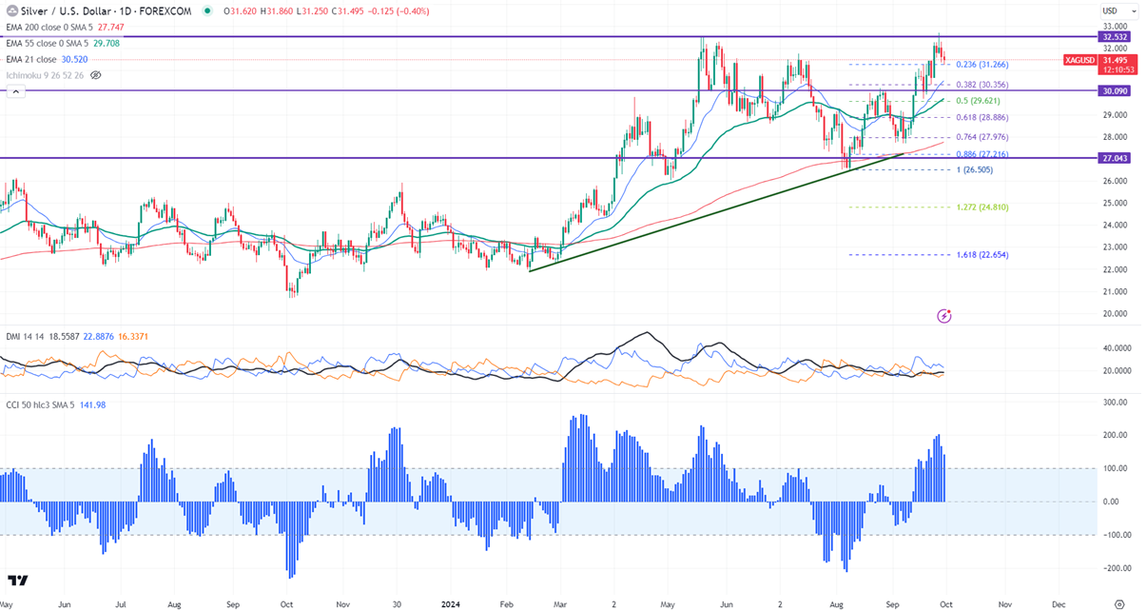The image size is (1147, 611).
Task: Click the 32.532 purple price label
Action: click(1114, 36)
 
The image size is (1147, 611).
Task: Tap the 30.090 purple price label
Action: click(1114, 91)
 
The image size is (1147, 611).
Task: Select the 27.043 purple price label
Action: click(1114, 158)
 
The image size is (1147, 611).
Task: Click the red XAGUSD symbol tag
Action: click(1079, 60)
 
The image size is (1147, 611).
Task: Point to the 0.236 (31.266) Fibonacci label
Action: click(982, 65)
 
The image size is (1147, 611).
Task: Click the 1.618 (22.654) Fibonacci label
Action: click(982, 255)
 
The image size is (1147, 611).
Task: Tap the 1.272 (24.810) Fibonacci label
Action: click(982, 207)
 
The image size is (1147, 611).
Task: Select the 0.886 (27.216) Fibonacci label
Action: click(982, 154)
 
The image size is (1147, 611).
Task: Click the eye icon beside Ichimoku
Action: click(95, 74)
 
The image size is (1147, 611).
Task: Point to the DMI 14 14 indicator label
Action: click(23, 337)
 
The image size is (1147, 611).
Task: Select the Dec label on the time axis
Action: click(1060, 603)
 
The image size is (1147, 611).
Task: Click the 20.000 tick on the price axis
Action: click(1114, 314)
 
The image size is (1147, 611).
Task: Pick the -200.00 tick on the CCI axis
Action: click(1114, 568)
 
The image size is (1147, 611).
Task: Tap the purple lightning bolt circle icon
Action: click(943, 315)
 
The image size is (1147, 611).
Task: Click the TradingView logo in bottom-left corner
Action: click(17, 581)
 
